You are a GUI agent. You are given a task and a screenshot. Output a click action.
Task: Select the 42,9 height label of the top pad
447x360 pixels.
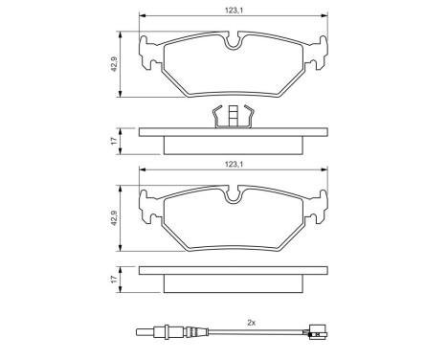point(114,64)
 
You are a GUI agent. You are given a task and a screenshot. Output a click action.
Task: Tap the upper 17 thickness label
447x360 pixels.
point(114,140)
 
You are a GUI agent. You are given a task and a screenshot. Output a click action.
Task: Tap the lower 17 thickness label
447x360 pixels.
point(114,281)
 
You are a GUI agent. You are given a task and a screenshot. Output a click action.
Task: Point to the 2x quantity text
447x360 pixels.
point(251,323)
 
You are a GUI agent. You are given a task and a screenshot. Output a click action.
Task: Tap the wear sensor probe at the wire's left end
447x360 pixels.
point(154,333)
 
